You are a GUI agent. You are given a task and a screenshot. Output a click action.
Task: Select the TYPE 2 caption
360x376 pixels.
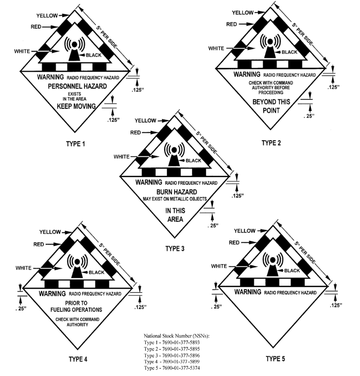[271, 142]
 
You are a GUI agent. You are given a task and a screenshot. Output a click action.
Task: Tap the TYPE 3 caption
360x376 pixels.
[175, 249]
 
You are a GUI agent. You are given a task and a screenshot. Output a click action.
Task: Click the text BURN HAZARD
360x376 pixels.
[175, 191]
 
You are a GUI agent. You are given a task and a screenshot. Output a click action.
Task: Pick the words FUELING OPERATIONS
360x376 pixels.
[76, 310]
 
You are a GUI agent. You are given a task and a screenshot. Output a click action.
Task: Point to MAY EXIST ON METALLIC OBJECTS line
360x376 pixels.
[175, 199]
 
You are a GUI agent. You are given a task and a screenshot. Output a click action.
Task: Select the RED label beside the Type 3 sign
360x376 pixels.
[136, 133]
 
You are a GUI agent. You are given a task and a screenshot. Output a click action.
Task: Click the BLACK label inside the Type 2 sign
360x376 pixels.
[290, 52]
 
